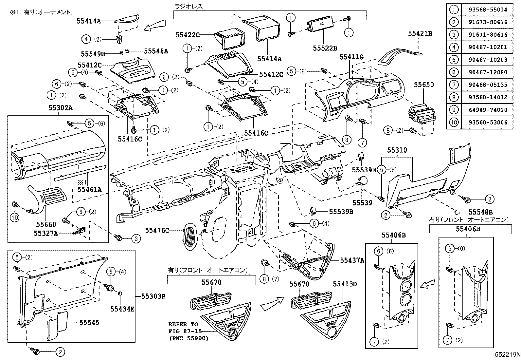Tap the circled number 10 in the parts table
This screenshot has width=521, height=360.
[454, 123]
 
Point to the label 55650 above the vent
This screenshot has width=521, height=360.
[424, 85]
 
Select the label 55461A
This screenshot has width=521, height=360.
[89, 189]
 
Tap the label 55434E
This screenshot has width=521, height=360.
[122, 309]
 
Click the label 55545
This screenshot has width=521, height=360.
[89, 323]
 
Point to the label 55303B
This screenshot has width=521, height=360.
[153, 296]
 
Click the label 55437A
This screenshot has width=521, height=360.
[352, 260]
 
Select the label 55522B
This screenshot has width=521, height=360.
[325, 48]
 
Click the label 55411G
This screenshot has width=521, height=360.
[351, 57]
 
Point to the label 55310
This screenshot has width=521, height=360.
[397, 150]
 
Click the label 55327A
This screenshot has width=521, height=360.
[45, 233]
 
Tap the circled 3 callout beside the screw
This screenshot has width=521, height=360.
[136, 239]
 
